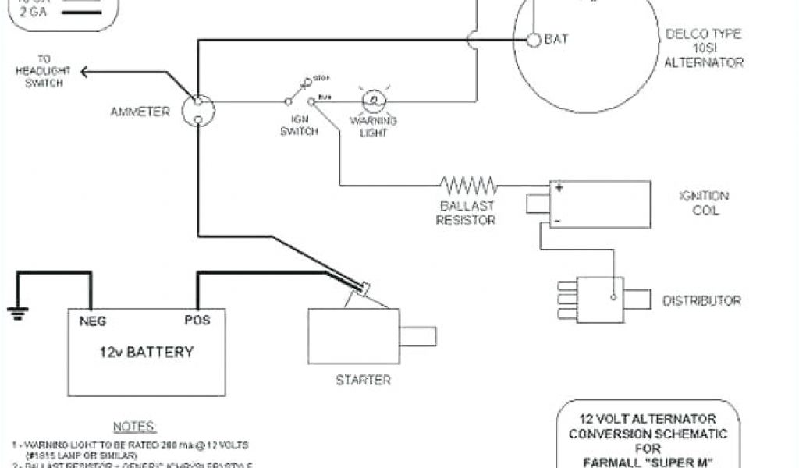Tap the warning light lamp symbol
[x=373, y=101]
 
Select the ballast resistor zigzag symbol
[x=468, y=185]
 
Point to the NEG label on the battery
[x=92, y=321]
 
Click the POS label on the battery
[x=197, y=321]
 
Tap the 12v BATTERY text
[x=145, y=351]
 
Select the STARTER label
[x=363, y=380]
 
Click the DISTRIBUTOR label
[x=701, y=300]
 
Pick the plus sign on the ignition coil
[x=558, y=188]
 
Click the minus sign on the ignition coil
[x=557, y=222]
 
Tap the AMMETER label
[x=140, y=112]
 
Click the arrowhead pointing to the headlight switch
[x=83, y=73]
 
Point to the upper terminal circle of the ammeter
[x=197, y=101]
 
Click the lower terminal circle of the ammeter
[x=197, y=119]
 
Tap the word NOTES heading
[x=134, y=427]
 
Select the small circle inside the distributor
[x=613, y=297]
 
